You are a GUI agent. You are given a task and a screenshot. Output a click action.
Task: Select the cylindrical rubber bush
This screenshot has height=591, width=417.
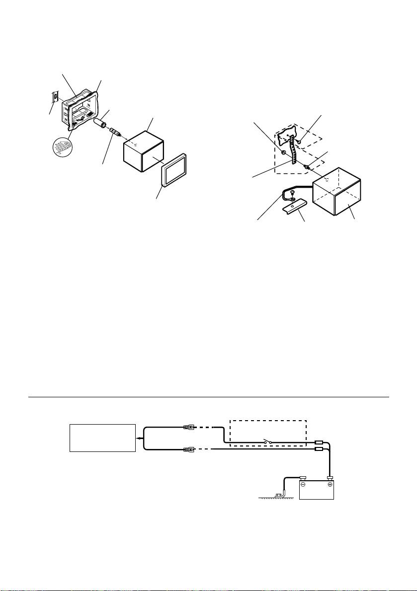(x=101, y=122)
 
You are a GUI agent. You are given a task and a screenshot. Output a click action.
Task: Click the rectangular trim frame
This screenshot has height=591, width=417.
(x=174, y=169)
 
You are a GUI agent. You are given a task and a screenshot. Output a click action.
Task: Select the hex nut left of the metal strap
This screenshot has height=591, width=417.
(x=283, y=153)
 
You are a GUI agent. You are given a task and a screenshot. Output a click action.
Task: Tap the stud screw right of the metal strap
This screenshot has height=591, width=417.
(x=307, y=168)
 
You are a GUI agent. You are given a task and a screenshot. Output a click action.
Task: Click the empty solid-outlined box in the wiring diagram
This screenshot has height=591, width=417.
(x=102, y=438)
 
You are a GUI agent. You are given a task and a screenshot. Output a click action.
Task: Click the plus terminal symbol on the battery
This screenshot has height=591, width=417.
(x=330, y=484)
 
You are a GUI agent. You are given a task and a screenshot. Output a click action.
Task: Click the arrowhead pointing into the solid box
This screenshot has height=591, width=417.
(x=140, y=438)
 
